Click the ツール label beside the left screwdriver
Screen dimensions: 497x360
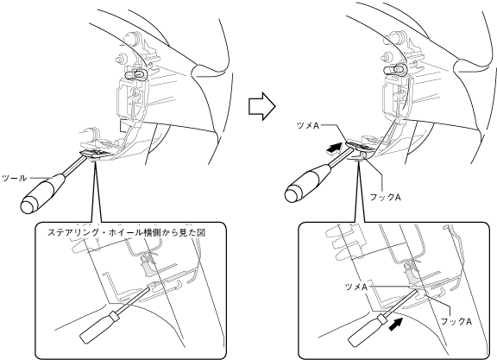pyautogui.click(x=15, y=178)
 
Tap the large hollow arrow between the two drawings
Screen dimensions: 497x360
pyautogui.click(x=261, y=106)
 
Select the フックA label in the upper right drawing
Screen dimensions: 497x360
pyautogui.click(x=385, y=197)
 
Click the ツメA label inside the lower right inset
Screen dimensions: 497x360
pyautogui.click(x=356, y=287)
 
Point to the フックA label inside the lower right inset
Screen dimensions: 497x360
pyautogui.click(x=456, y=321)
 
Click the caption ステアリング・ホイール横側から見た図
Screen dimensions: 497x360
pyautogui.click(x=127, y=232)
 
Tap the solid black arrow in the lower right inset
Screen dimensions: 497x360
pyautogui.click(x=396, y=324)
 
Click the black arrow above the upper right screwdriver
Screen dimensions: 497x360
pyautogui.click(x=335, y=148)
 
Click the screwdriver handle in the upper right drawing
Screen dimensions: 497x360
pyautogui.click(x=308, y=182)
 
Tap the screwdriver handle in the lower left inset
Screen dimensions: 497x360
pyautogui.click(x=99, y=327)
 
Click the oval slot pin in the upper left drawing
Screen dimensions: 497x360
pyautogui.click(x=136, y=74)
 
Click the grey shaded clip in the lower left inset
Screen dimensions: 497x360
pyautogui.click(x=149, y=268)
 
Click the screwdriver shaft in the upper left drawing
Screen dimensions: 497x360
pyautogui.click(x=76, y=164)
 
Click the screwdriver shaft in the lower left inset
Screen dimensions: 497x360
pyautogui.click(x=133, y=300)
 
